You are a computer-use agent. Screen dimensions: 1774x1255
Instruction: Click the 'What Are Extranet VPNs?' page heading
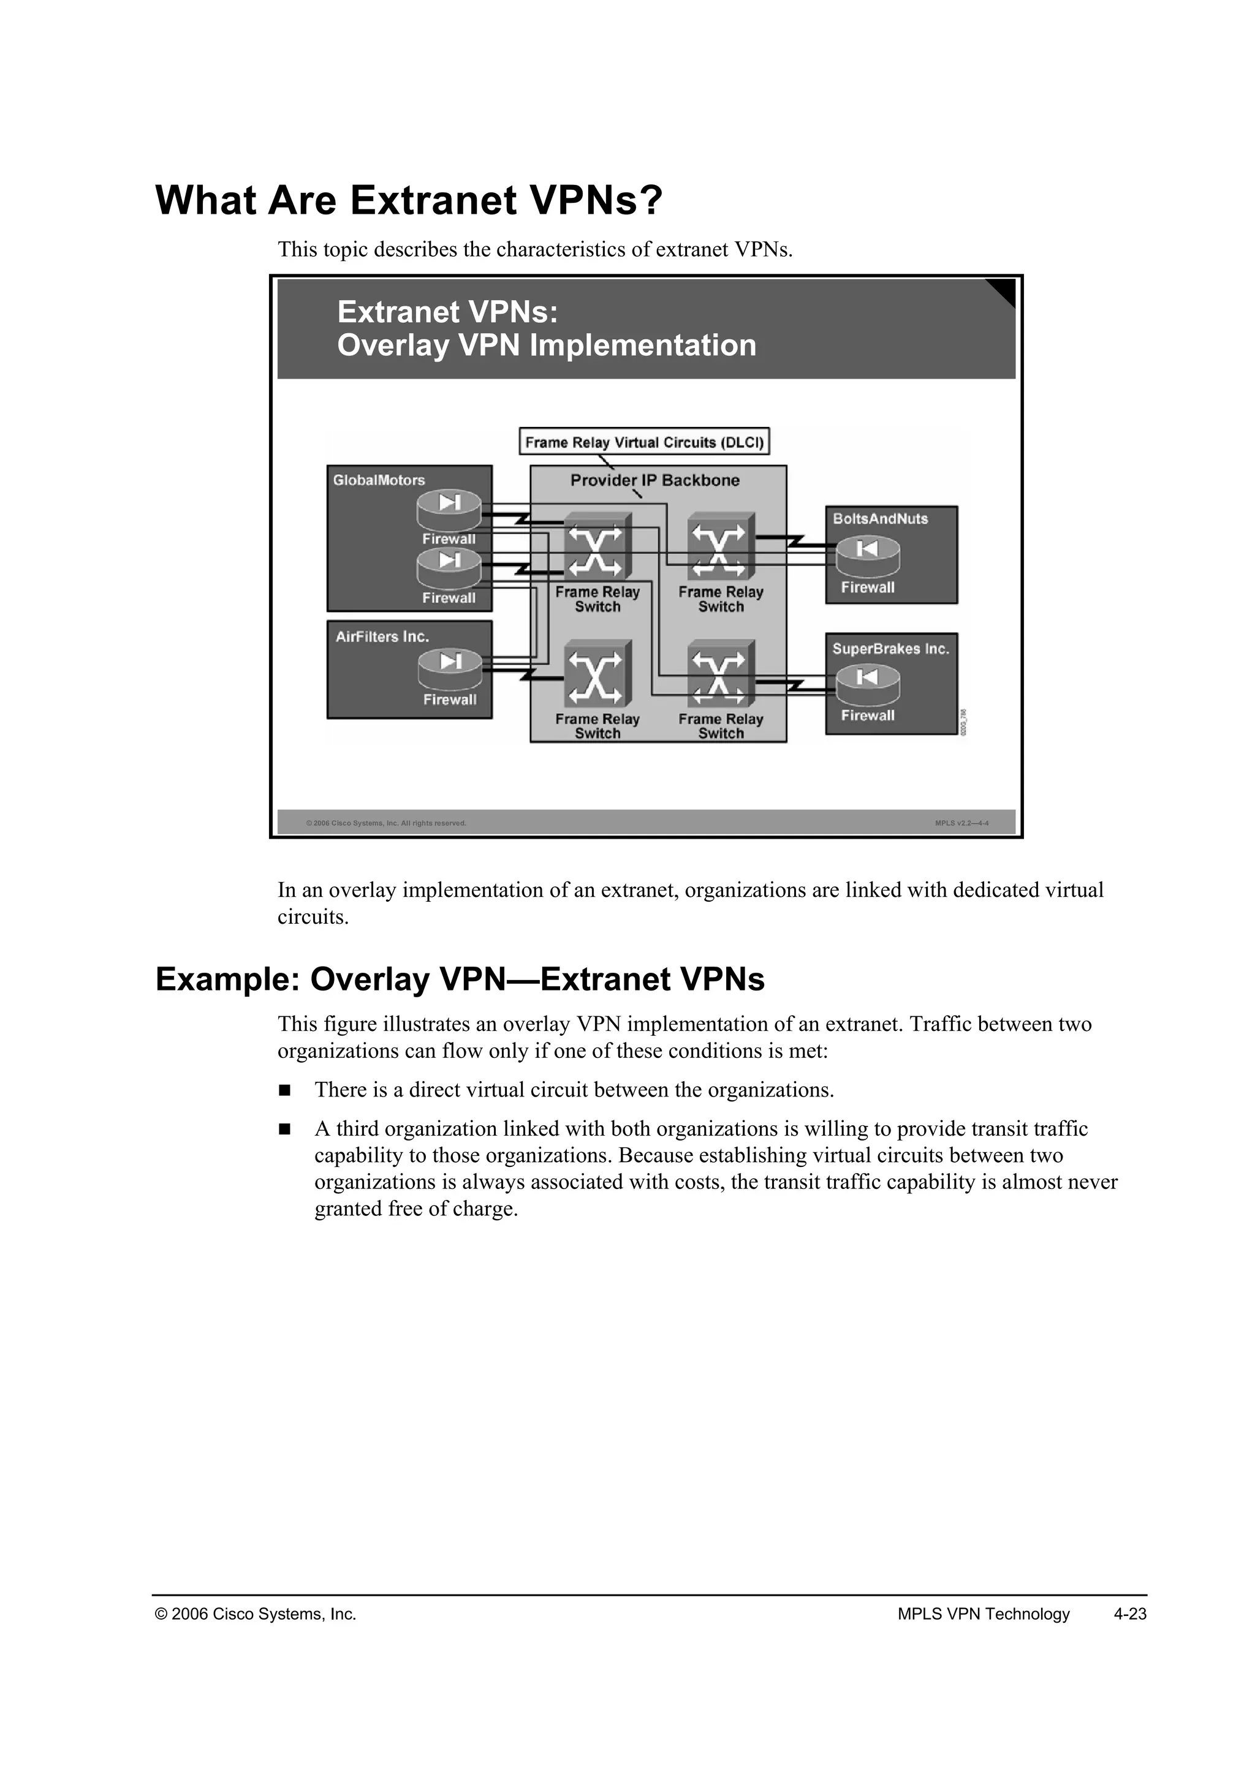coord(409,200)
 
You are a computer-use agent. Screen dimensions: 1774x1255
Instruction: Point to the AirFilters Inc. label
coord(382,636)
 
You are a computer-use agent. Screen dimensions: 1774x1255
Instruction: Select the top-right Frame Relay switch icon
coord(719,547)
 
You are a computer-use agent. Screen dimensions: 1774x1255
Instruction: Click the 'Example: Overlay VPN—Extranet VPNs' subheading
coord(460,979)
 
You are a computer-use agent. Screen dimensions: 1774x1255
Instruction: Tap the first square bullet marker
coord(284,1090)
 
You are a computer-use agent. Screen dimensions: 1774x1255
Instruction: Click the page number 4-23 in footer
coord(1130,1614)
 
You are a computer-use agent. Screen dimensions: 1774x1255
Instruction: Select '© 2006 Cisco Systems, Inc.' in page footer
coord(256,1614)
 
